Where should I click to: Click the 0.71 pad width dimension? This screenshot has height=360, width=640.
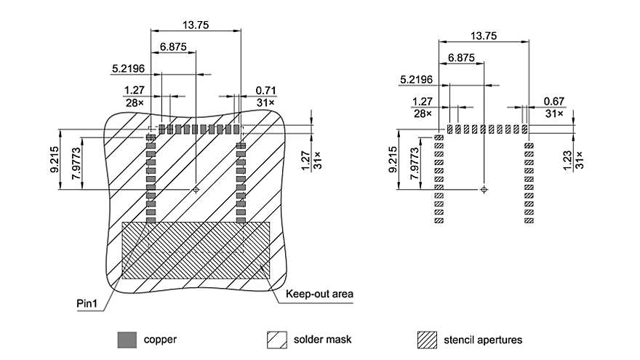coord(263,90)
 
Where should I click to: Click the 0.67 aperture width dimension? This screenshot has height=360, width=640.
coord(554,100)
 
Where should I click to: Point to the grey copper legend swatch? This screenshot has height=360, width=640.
coord(127,339)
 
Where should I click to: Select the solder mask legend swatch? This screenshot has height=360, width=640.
coord(276,339)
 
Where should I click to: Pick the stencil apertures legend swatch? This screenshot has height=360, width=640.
coord(427,339)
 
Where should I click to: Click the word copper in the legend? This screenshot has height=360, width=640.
coord(160,340)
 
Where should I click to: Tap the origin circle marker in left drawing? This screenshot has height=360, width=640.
coord(196,189)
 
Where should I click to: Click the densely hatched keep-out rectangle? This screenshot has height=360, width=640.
coord(196,250)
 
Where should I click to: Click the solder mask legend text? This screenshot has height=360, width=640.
coord(323,340)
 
